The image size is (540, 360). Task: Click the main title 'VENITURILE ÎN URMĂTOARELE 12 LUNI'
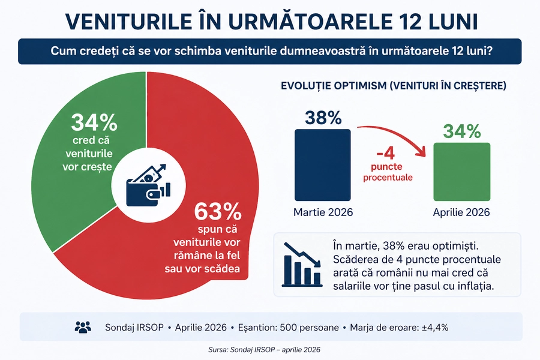tap(270, 21)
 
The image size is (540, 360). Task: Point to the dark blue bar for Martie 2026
tap(322, 165)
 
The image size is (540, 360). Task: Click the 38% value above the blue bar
tap(322, 118)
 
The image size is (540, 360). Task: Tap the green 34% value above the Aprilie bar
tap(461, 131)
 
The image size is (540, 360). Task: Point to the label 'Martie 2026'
tap(323, 212)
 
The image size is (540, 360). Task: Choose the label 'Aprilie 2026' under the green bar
tap(461, 212)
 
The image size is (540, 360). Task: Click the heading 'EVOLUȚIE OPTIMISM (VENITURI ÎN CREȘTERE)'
tap(394, 86)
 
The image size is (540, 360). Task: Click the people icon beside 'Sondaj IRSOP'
tap(83, 327)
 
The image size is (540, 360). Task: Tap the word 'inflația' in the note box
tap(474, 286)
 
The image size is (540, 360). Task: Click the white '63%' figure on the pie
tap(218, 212)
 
